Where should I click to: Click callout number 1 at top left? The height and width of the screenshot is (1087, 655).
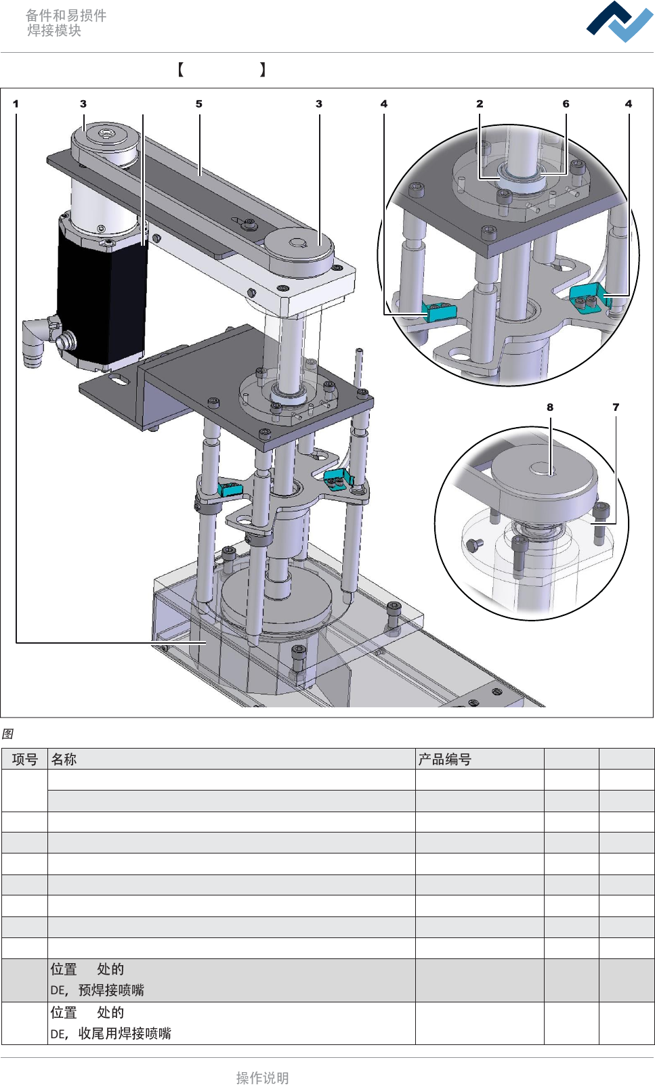pos(16,104)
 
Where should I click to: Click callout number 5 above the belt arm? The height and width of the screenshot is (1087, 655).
pos(198,104)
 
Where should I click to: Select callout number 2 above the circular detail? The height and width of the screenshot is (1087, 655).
pos(480,104)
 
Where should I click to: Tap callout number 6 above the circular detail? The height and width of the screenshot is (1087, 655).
pos(566,104)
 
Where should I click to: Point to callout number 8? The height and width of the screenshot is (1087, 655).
pos(549,407)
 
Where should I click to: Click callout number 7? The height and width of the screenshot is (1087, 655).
pos(616,407)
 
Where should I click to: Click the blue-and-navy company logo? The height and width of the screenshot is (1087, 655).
pos(620,22)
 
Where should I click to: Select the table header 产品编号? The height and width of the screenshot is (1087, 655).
pos(444,759)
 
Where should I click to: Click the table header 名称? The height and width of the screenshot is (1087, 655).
pos(64,759)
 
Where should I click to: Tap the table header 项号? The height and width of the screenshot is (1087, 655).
pos(25,759)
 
